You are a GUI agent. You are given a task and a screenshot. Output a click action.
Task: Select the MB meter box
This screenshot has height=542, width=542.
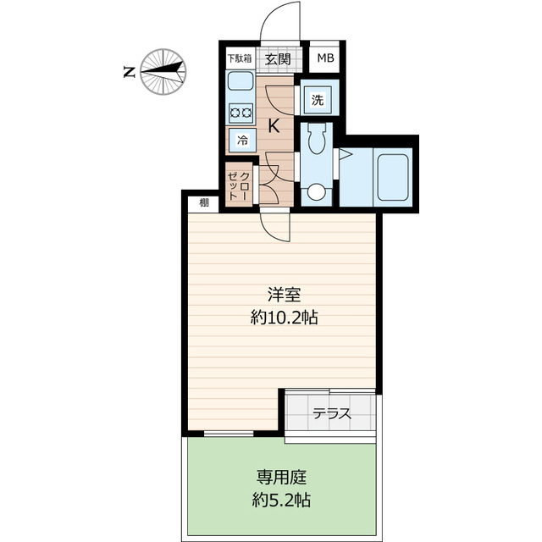point(326,58)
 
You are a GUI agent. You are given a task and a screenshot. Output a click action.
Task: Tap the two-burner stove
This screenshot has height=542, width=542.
point(241,111)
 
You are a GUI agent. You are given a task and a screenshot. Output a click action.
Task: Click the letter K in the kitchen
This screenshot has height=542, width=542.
point(274,127)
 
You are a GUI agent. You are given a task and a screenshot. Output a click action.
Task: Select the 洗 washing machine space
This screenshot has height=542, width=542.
point(317,99)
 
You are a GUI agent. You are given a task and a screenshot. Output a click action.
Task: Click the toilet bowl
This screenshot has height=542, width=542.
point(317,139)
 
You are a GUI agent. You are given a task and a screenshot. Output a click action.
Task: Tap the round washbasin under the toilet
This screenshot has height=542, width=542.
point(316,192)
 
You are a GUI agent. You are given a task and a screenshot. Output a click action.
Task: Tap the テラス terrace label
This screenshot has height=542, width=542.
point(331,415)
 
